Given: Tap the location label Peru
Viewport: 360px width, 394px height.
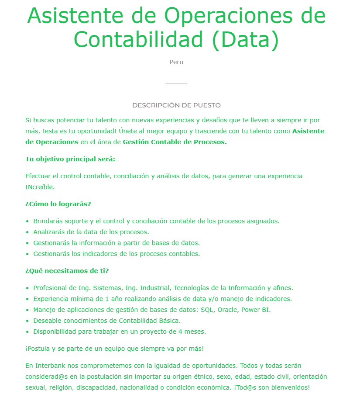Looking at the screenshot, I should pos(176,62).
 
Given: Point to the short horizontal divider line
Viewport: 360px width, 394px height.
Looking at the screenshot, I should pos(176,83).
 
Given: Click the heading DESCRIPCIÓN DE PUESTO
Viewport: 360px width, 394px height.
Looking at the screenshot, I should pos(176,105).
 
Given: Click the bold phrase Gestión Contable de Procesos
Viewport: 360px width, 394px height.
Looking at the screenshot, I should pos(175,142).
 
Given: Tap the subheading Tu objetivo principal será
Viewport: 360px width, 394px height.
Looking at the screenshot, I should pos(70,159).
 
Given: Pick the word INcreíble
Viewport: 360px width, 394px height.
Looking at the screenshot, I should pos(40,187).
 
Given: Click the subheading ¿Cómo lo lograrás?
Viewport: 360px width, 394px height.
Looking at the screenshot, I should pos(58,204).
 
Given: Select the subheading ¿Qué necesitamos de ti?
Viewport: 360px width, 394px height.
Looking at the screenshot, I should pos(67,271).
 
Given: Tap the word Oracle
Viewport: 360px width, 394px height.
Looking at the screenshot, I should pos(229,310).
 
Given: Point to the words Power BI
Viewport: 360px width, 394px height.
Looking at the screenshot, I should pos(257,310).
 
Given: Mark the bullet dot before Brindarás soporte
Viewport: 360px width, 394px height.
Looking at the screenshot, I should pos(27,221).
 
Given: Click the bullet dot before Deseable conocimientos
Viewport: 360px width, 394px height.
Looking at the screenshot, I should pos(27,321).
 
